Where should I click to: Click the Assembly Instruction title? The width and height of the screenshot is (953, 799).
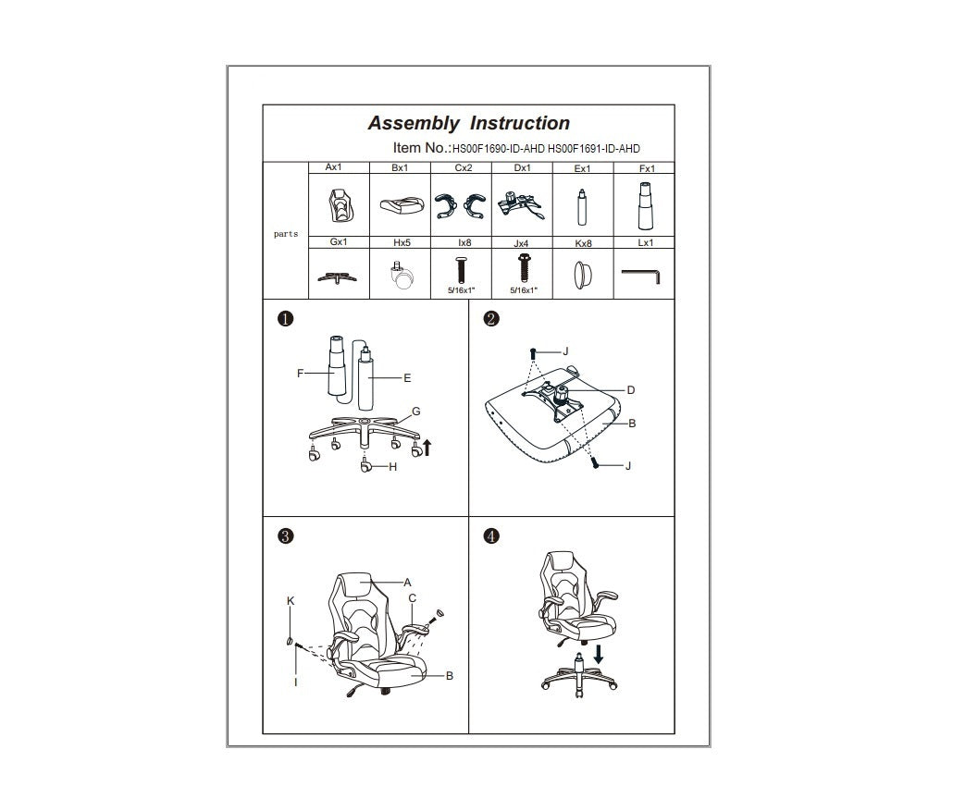tap(468, 123)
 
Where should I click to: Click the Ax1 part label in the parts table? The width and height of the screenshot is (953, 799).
tap(334, 168)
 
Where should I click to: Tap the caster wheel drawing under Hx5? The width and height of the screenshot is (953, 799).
tap(401, 277)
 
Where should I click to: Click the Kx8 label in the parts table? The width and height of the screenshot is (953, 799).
tap(583, 243)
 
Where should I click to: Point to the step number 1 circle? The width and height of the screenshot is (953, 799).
tap(286, 319)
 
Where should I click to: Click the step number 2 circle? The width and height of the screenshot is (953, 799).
tap(491, 319)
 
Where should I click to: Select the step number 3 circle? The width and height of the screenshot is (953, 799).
tap(286, 535)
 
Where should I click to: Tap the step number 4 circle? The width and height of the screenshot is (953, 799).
tap(491, 535)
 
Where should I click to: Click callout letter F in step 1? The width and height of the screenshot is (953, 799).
tap(301, 374)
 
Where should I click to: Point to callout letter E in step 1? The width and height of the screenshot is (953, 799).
tap(407, 377)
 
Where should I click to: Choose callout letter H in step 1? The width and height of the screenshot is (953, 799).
tap(393, 467)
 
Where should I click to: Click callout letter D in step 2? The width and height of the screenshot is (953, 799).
tap(631, 390)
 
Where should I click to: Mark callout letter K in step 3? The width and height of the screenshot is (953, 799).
tap(291, 601)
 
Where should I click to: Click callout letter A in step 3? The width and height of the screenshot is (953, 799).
tap(406, 583)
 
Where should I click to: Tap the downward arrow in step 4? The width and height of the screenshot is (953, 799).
tap(600, 654)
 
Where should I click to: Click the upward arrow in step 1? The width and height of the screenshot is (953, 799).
tap(427, 449)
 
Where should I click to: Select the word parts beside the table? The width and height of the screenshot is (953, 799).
tap(286, 234)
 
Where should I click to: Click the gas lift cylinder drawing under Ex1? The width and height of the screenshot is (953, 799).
tap(583, 207)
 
